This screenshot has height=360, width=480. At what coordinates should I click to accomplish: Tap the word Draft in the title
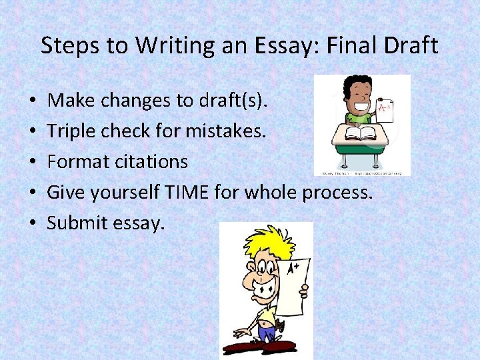click(x=408, y=46)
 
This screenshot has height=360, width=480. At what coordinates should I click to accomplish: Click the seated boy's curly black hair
click(x=351, y=84)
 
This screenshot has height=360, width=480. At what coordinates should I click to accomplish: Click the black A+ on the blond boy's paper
click(x=293, y=269)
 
